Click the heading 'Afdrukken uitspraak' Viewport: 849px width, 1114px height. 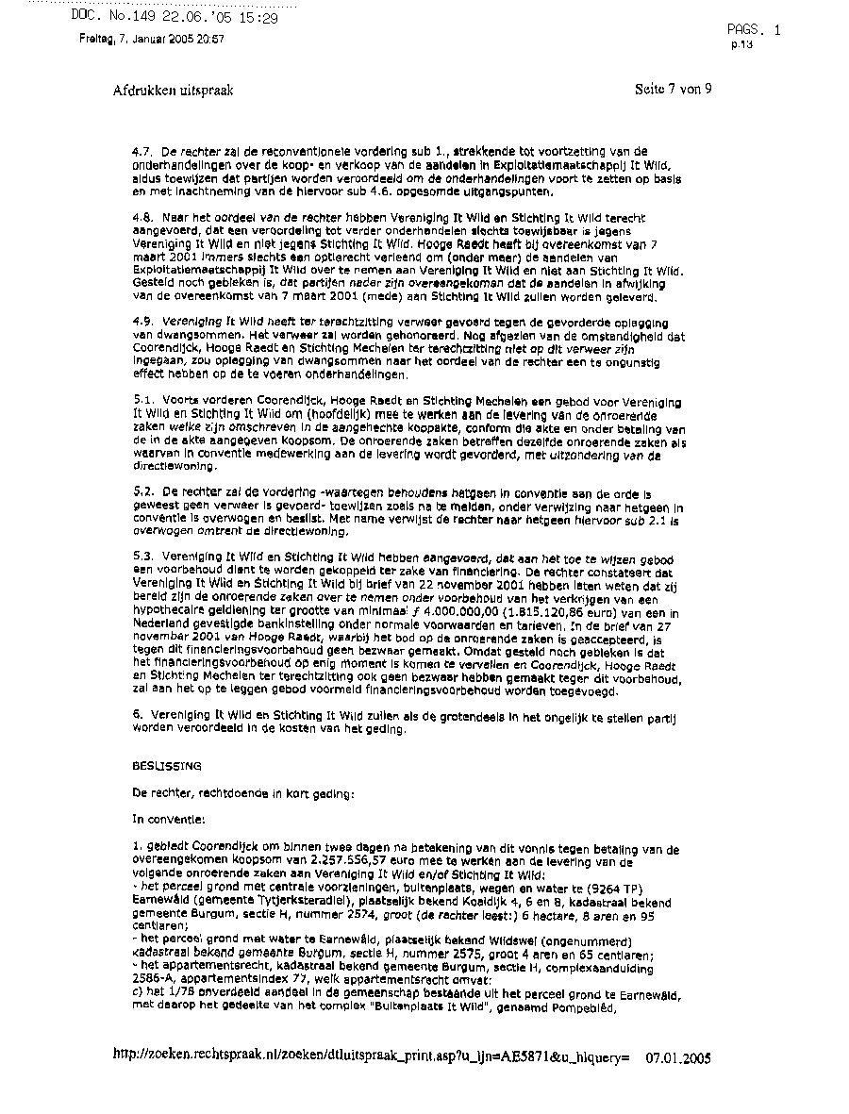coord(173,91)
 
